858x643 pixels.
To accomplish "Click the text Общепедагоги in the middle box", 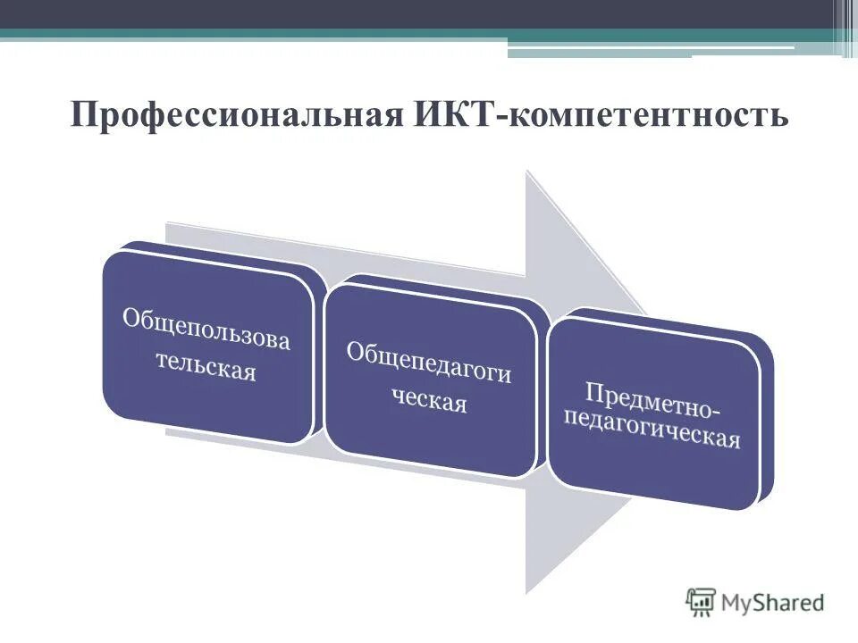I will (429, 362).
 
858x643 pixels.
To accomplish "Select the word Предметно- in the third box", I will (652, 400).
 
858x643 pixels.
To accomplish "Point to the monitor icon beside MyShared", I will (701, 602).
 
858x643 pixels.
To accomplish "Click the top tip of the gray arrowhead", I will (528, 173).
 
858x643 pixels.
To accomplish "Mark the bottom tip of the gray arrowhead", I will (528, 591).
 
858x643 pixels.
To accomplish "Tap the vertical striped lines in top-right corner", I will (845, 27).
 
